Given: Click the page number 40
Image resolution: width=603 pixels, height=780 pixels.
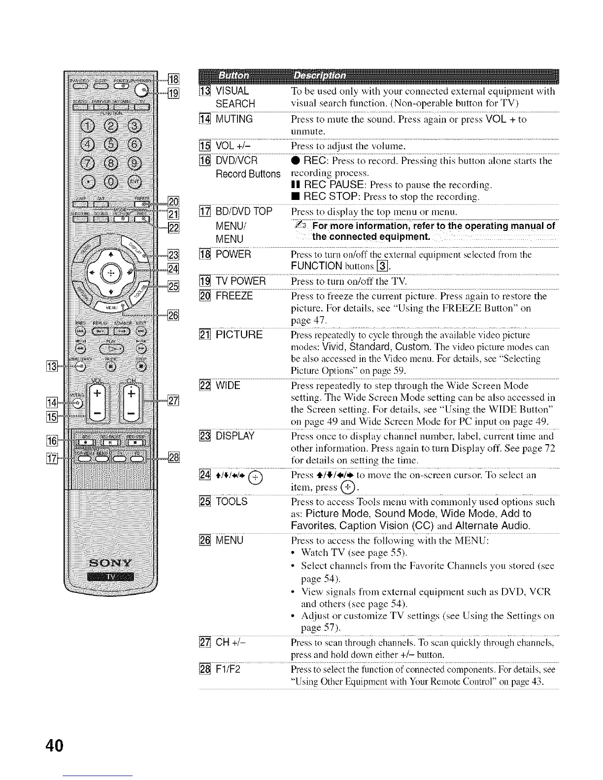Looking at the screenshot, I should pyautogui.click(x=54, y=746).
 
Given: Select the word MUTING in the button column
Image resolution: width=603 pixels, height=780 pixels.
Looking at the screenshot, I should pyautogui.click(x=234, y=119).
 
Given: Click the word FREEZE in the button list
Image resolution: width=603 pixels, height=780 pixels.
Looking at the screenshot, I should pyautogui.click(x=234, y=296).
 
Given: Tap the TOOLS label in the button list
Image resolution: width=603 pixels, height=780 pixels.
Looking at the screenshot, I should pyautogui.click(x=232, y=501).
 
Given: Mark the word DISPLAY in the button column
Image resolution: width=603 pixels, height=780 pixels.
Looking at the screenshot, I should pyautogui.click(x=235, y=436).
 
